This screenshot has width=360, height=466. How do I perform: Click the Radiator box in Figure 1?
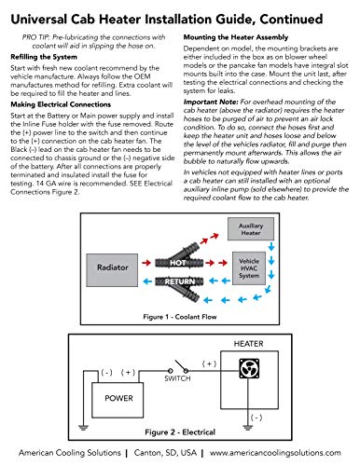[x=112, y=270]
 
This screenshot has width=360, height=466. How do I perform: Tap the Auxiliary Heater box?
[x=251, y=229]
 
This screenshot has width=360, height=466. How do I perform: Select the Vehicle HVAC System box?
[x=249, y=268]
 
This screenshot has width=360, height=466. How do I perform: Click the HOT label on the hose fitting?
[x=178, y=263]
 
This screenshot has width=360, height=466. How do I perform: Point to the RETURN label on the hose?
[x=180, y=281]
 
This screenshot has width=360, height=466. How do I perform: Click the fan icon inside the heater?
[x=249, y=368]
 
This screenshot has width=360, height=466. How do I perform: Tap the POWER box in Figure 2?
[x=118, y=400]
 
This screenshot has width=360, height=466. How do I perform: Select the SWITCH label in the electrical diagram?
[x=177, y=378]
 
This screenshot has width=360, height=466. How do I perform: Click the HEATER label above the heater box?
[x=248, y=344]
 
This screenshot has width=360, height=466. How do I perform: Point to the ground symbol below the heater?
[x=248, y=428]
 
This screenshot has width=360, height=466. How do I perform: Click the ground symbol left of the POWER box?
[x=83, y=428]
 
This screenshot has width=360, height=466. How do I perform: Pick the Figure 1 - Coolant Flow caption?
[x=180, y=317]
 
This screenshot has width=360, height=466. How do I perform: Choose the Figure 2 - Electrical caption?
[x=180, y=432]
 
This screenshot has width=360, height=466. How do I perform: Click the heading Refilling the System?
[x=44, y=57]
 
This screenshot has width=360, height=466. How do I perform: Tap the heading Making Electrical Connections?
[x=61, y=104]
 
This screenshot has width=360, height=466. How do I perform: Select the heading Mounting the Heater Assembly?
[x=236, y=37]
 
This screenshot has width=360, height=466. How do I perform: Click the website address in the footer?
[x=275, y=453]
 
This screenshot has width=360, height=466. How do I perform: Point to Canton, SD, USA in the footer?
[x=165, y=453]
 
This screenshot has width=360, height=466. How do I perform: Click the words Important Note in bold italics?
[x=211, y=102]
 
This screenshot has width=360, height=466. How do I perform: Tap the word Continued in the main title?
[x=291, y=20]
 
